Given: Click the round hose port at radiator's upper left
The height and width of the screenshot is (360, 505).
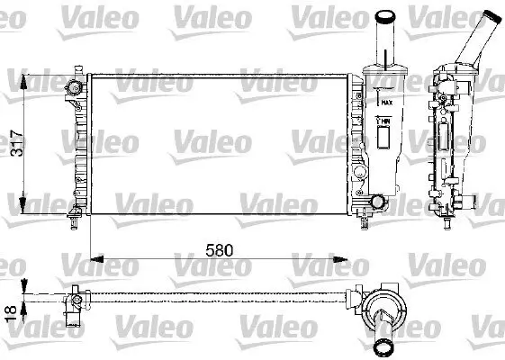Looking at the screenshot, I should click(75, 86).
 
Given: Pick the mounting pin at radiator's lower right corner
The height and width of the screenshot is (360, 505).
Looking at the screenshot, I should click(364, 216).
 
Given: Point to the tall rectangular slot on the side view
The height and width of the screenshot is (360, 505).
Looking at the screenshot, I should click(444, 139).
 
